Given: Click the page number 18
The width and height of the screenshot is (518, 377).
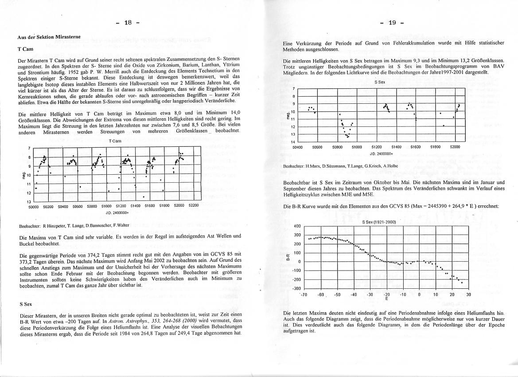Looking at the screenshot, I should [x=129, y=23].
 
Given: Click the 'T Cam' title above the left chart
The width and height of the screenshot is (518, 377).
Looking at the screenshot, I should [x=114, y=141].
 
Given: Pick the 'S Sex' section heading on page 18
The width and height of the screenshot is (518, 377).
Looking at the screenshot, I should [x=25, y=305].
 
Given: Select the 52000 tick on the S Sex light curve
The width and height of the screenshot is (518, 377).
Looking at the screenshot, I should [x=455, y=147].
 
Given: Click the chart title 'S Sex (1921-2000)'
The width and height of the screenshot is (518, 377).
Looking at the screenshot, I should [x=378, y=222].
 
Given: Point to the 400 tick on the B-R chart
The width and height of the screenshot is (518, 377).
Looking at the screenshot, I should [x=297, y=226].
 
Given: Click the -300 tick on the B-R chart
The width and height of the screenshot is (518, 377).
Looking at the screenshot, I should [x=297, y=289].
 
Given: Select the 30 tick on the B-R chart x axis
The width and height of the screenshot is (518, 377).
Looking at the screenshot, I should [x=468, y=295].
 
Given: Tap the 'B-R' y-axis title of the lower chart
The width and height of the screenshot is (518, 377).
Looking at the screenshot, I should [x=288, y=257].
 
